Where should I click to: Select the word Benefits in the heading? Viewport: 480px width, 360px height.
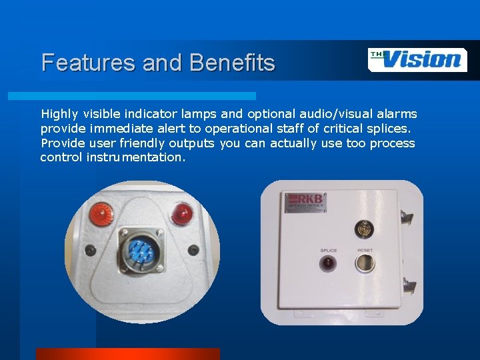232,63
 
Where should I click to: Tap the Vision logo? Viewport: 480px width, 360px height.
417,59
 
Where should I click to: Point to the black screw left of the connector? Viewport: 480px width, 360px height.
91,251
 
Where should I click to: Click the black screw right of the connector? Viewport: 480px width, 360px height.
193,250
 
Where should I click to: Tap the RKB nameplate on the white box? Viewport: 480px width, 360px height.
305,203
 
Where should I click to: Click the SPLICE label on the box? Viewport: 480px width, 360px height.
329,251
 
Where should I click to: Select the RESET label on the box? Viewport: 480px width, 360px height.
365,251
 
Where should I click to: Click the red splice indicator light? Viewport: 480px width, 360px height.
329,263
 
